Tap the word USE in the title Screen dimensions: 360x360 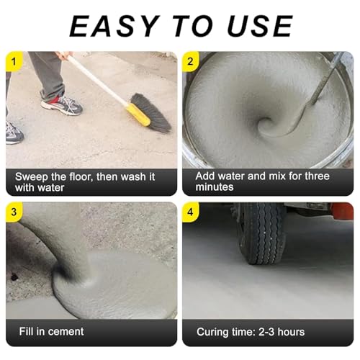pyautogui.click(x=260, y=26)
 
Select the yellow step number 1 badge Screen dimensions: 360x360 pyautogui.click(x=14, y=61)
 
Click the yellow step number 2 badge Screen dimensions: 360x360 pyautogui.click(x=190, y=61)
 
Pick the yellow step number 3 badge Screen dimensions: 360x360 pyautogui.click(x=14, y=212)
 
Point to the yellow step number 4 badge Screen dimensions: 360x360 pyautogui.click(x=190, y=212)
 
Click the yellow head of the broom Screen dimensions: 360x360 pyautogui.click(x=138, y=114)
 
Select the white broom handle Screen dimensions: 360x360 pyautogui.click(x=97, y=80)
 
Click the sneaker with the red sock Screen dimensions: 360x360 pyautogui.click(x=62, y=105)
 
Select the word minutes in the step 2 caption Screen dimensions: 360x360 pyautogui.click(x=215, y=186)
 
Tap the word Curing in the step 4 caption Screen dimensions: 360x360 pyautogui.click(x=212, y=333)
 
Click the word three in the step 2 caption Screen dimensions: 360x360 pyautogui.click(x=317, y=176)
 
